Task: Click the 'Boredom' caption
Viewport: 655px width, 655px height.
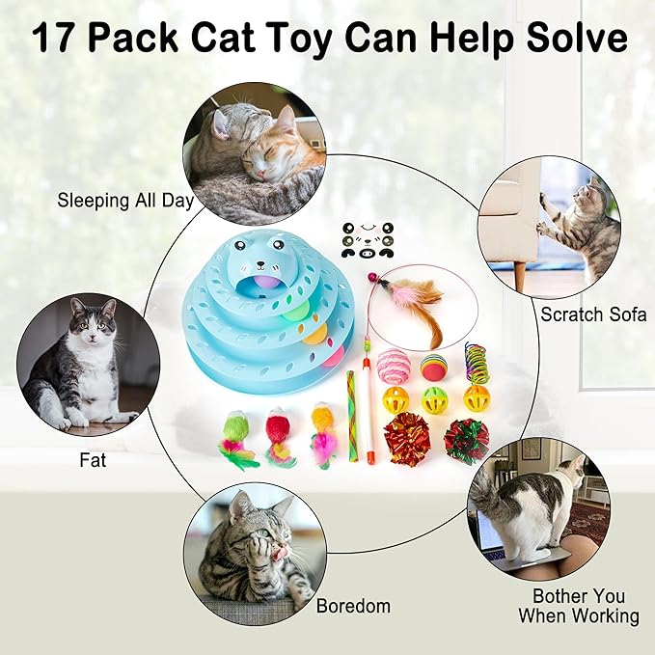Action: pyautogui.click(x=353, y=606)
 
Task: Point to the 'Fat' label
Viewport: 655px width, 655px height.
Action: pyautogui.click(x=93, y=460)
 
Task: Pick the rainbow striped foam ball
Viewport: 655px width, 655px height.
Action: pyautogui.click(x=430, y=367)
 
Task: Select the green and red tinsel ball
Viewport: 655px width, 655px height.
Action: pyautogui.click(x=466, y=440)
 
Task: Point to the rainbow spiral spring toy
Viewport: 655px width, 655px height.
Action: pyautogui.click(x=476, y=362)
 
